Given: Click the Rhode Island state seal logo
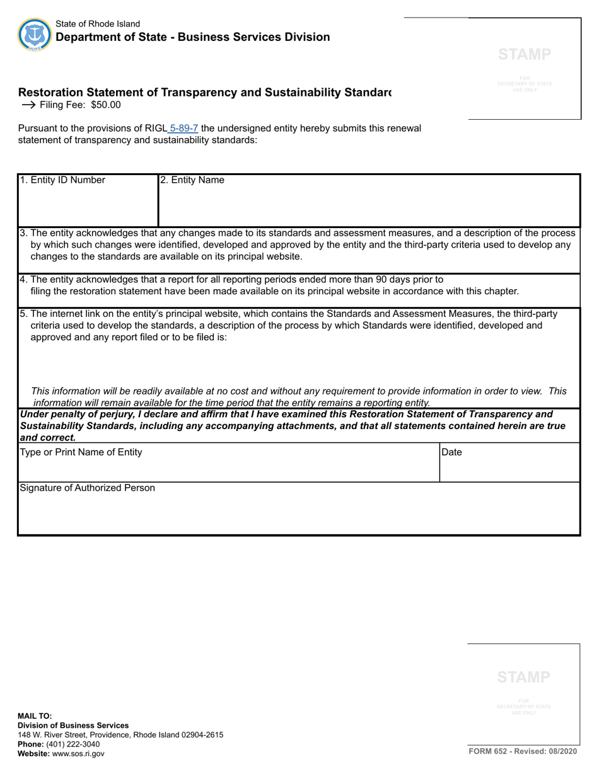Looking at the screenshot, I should pos(34,34).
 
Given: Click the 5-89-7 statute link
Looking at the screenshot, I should pos(183,129).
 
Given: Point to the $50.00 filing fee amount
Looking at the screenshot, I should pos(105,105).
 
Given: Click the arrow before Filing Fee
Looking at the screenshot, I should pos(28,105).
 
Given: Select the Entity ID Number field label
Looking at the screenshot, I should pos(62,180).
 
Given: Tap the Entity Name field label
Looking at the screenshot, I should pos(192,180).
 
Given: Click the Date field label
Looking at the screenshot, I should pos(451,452).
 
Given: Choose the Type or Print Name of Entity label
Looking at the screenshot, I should pos(81,452).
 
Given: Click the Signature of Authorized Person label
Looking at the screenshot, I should pos(88,488).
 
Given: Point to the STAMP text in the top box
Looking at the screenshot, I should pos(525,55).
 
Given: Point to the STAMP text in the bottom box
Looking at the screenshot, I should pos(523,677).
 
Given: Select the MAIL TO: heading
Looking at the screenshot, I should pos(35,716).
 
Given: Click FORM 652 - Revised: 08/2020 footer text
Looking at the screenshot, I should pos(522,752).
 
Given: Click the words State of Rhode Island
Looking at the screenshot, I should pos(98,24).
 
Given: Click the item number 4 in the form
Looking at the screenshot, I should pos(23,280).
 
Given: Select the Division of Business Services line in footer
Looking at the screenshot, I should pos(73,725).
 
